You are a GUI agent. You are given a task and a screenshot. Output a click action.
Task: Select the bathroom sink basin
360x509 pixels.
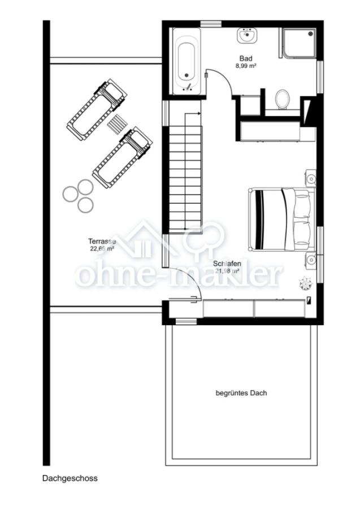(x=247, y=36)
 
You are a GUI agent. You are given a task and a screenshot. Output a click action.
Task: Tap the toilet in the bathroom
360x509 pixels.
(x=282, y=99)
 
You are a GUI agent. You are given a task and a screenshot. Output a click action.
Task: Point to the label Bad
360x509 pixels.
(x=246, y=58)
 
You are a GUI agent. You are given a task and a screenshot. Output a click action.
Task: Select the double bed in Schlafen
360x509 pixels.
(x=280, y=219)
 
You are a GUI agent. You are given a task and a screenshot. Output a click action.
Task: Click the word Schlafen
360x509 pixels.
(x=227, y=264)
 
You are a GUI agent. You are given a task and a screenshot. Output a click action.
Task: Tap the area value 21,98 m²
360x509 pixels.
(x=227, y=271)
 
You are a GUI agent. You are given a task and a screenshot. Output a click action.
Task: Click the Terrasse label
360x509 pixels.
(x=102, y=241)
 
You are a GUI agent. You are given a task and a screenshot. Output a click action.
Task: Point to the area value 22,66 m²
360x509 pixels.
(x=102, y=248)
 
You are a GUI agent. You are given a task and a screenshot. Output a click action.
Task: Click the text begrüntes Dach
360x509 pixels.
(x=241, y=392)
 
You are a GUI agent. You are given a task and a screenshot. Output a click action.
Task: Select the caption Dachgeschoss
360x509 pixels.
(x=70, y=478)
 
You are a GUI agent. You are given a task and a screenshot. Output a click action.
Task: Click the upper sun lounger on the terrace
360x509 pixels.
(x=97, y=109)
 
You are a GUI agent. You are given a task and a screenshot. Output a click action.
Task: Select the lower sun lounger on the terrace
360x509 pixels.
(x=123, y=157)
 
